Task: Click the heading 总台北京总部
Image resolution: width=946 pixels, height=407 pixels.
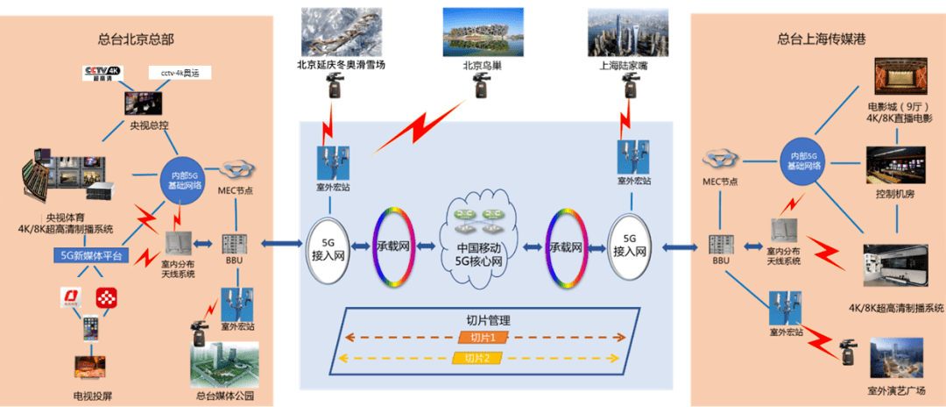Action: (x=136, y=39)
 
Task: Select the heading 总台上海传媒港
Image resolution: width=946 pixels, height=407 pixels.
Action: (x=815, y=39)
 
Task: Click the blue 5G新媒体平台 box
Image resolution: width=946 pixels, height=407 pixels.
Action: (x=91, y=256)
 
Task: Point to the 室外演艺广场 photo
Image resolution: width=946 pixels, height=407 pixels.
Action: (x=895, y=360)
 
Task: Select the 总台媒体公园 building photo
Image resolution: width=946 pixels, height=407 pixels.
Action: (x=224, y=363)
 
